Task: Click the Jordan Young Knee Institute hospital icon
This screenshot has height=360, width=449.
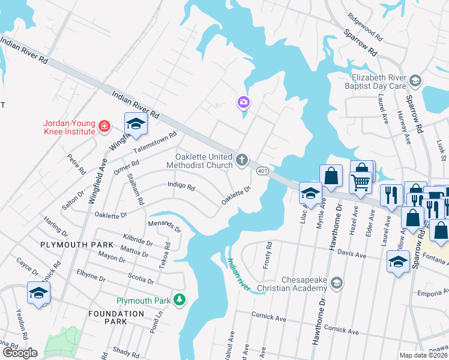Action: pyautogui.click(x=104, y=126)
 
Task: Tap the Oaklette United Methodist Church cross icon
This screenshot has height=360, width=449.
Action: pyautogui.click(x=241, y=160)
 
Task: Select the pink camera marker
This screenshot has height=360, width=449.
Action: pyautogui.click(x=243, y=103)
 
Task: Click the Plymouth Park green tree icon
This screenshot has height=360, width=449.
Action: pyautogui.click(x=178, y=299)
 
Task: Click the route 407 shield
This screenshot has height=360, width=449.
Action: pyautogui.click(x=262, y=172)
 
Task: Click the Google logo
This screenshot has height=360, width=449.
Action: pyautogui.click(x=20, y=353)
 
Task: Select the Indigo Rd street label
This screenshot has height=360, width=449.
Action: pyautogui.click(x=181, y=187)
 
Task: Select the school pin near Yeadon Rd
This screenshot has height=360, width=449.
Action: pyautogui.click(x=38, y=293)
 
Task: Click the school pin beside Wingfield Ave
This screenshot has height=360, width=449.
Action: pyautogui.click(x=136, y=124)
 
